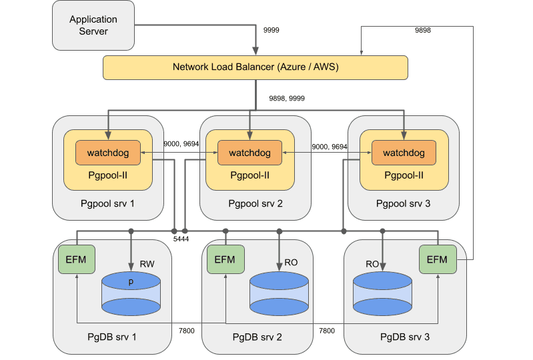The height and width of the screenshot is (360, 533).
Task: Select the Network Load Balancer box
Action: pos(255,67)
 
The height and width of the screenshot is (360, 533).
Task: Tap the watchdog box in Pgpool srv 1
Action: pos(107,153)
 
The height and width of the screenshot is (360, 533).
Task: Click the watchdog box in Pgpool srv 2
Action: pos(249,153)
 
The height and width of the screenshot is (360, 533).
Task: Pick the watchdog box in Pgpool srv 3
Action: pos(404,153)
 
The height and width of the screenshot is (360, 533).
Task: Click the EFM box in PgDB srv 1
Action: pos(77,259)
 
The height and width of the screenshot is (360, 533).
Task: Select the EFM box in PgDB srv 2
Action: pos(225,259)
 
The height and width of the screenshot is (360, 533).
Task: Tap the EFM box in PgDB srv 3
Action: pos(437,259)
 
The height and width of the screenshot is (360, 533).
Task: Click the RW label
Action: pos(147,265)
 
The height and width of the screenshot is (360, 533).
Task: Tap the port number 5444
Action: pos(181,237)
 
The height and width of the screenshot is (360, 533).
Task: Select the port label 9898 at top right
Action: pos(422,31)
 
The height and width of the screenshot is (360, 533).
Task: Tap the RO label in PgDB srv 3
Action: pos(372,265)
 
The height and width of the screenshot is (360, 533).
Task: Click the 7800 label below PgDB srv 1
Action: pos(187,330)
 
